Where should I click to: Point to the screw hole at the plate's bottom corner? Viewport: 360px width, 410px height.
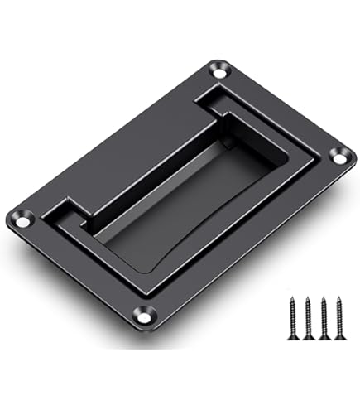pos(146,316)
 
